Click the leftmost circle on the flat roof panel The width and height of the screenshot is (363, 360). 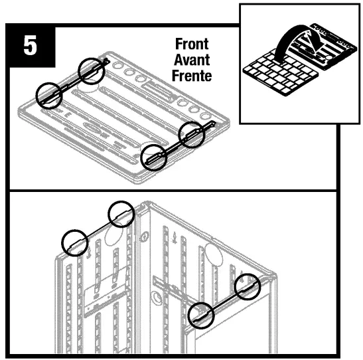click(x=48, y=95)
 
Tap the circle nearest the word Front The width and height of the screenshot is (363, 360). click(x=92, y=69)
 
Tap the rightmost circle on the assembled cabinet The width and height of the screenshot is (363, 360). click(x=246, y=286)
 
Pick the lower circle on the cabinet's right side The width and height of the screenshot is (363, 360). click(x=200, y=314)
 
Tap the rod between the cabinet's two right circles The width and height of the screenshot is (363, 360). click(x=223, y=300)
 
